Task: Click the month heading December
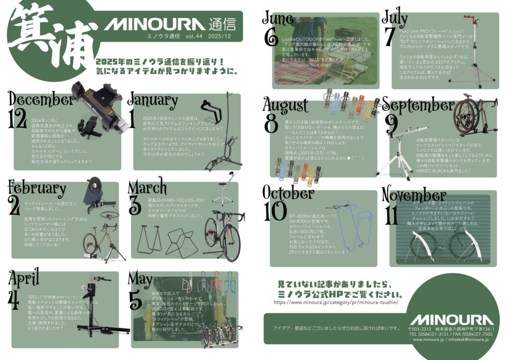point(40,99)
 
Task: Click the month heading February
point(37,188)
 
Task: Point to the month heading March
point(147,187)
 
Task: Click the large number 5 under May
point(135,300)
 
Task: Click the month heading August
point(285,105)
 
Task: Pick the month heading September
point(418,105)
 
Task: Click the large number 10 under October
point(275,211)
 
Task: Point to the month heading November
point(414,194)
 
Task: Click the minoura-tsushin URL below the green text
point(339,302)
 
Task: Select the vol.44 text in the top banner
point(194,37)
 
